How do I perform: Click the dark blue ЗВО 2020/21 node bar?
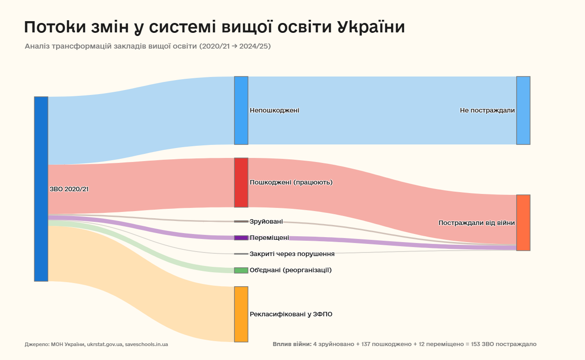[41, 189]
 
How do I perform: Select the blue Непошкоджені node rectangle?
[241, 110]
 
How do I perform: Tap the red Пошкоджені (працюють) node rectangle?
[241, 182]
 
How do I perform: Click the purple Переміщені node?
[241, 238]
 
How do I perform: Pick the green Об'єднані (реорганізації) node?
[241, 270]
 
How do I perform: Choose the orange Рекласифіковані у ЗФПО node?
[241, 314]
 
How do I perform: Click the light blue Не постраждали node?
[523, 110]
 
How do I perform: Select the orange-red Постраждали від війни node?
[523, 223]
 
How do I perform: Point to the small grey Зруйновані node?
[241, 221]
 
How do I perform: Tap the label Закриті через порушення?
[292, 254]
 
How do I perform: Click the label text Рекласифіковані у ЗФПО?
[291, 314]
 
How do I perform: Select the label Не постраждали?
[487, 110]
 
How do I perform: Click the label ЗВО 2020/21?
[69, 189]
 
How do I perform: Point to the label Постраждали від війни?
[477, 223]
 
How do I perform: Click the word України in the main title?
[371, 27]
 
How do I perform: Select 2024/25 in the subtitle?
[255, 46]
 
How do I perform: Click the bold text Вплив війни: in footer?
[292, 344]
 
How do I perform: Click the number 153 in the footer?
[476, 344]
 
